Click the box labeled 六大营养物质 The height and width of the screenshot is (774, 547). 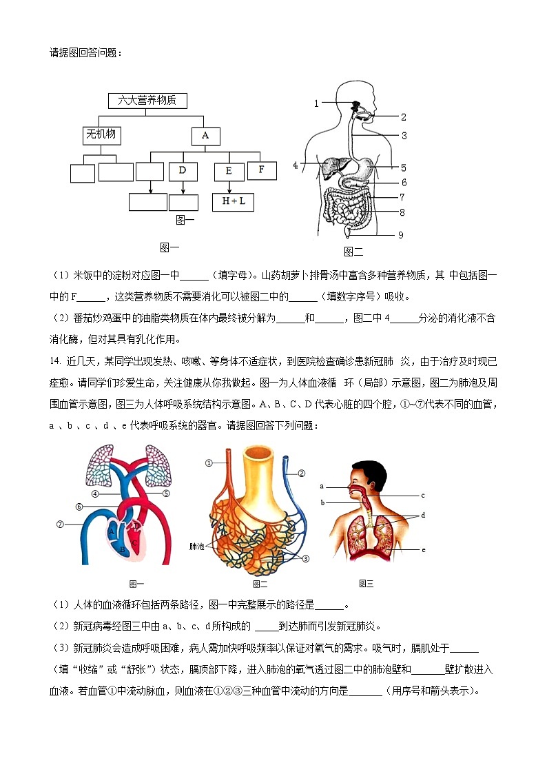pyautogui.click(x=147, y=101)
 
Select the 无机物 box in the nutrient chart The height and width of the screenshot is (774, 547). pyautogui.click(x=101, y=135)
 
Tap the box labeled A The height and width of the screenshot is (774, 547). pyautogui.click(x=205, y=136)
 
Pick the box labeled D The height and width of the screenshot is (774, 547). pyautogui.click(x=183, y=170)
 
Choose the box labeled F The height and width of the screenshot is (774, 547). pyautogui.click(x=262, y=170)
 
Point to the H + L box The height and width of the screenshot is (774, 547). pyautogui.click(x=233, y=202)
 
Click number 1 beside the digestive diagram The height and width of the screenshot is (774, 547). pyautogui.click(x=317, y=104)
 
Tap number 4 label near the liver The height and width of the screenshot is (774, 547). pyautogui.click(x=296, y=165)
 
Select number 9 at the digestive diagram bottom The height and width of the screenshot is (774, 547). pyautogui.click(x=400, y=235)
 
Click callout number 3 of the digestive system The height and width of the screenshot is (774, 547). pyautogui.click(x=404, y=136)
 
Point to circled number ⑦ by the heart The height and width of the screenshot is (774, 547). pyautogui.click(x=61, y=525)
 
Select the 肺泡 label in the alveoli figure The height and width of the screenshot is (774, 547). pyautogui.click(x=197, y=546)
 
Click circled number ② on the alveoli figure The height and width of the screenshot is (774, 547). pyautogui.click(x=301, y=473)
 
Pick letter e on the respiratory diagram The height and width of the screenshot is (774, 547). pyautogui.click(x=423, y=549)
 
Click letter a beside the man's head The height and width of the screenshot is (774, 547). pyautogui.click(x=322, y=487)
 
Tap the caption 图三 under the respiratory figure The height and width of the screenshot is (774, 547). pyautogui.click(x=366, y=584)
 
